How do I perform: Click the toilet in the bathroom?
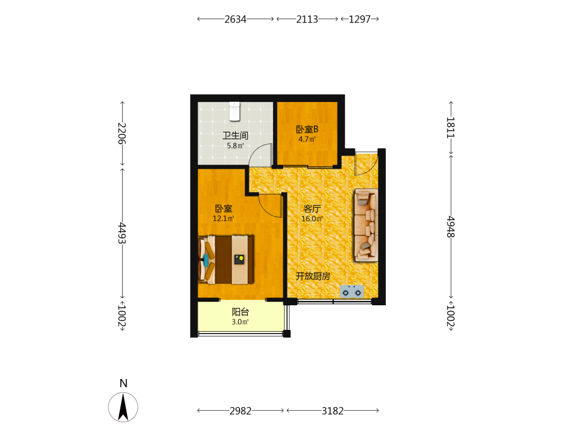coord(234,111)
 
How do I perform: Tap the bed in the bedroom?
coord(226,259)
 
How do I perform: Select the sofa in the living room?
coord(366,225)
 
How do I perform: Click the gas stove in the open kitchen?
coord(351,291)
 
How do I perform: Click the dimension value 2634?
coord(236,19)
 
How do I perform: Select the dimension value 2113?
coord(307,19)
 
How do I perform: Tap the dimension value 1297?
coord(359,19)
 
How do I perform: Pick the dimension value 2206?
coord(122,134)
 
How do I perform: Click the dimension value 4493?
coord(122,233)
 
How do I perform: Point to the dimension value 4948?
coord(451,226)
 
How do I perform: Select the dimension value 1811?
coord(451,127)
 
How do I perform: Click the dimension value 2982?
coord(241,411)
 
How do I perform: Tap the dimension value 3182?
coord(333,411)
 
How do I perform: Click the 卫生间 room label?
coord(236,135)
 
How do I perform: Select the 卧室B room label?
coord(307,129)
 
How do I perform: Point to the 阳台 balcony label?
coord(241,312)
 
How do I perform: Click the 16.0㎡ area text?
coord(312,218)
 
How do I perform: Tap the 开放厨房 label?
coord(313,276)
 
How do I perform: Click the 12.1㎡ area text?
coord(223,218)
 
